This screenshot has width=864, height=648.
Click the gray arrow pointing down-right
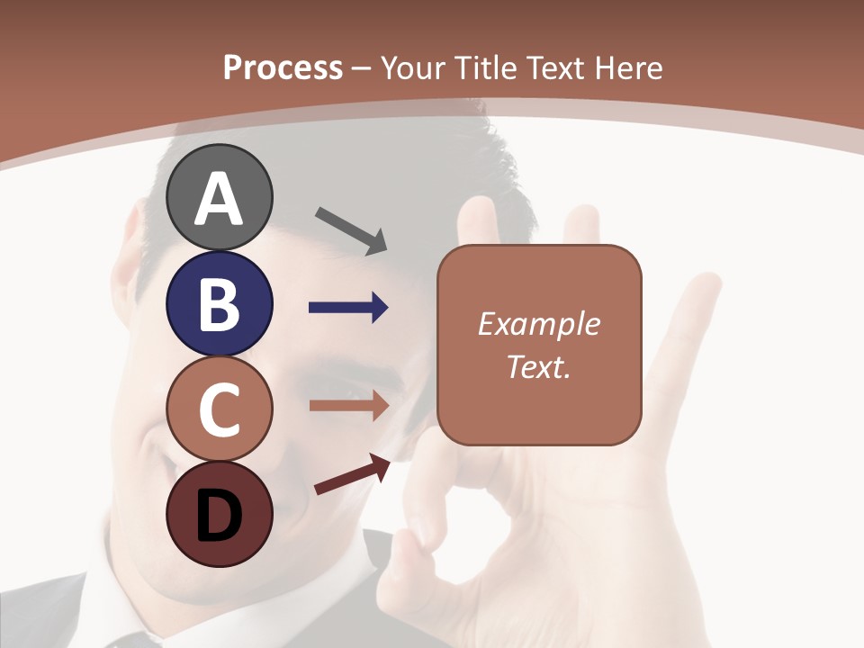point(351,229)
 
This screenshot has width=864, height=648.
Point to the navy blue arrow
point(348,309)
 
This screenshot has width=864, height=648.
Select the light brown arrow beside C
point(348,406)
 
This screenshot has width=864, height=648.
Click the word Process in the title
point(283,67)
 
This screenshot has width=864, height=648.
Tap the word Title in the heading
point(486,67)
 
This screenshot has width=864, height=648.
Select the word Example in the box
point(539,324)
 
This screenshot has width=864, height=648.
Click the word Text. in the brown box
point(539,367)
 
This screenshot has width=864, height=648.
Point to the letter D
point(219,516)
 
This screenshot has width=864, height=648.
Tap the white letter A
point(220,199)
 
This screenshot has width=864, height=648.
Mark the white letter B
point(220,304)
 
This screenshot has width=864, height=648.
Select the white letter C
point(220,409)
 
